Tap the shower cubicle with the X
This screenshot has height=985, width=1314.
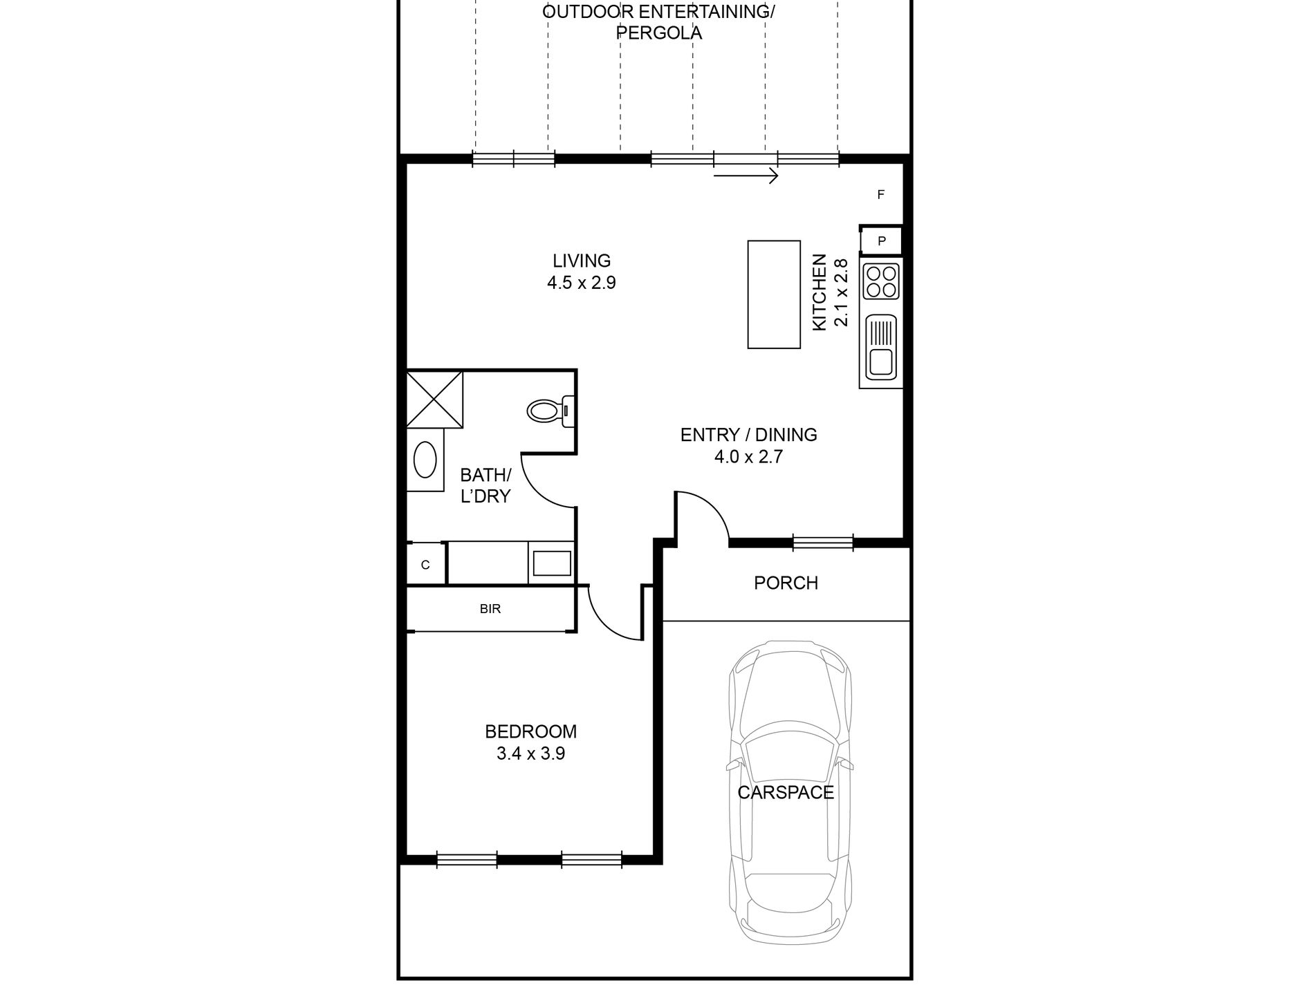pyautogui.click(x=434, y=400)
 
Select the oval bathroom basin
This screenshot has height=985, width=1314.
pyautogui.click(x=425, y=460)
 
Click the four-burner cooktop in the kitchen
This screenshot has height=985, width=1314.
pyautogui.click(x=881, y=281)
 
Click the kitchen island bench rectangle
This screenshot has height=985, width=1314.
pyautogui.click(x=774, y=294)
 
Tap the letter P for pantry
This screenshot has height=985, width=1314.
pyautogui.click(x=882, y=241)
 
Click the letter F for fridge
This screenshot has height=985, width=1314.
pyautogui.click(x=881, y=195)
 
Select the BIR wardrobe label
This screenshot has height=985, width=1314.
pyautogui.click(x=490, y=609)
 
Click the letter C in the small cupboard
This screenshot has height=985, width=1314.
pyautogui.click(x=425, y=565)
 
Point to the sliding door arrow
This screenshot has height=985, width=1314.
pyautogui.click(x=746, y=176)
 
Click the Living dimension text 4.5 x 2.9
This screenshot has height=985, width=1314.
pyautogui.click(x=581, y=283)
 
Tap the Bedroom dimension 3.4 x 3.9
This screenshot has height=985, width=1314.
pyautogui.click(x=530, y=753)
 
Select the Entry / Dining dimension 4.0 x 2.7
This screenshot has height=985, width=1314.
pyautogui.click(x=748, y=457)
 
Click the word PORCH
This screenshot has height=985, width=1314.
pyautogui.click(x=786, y=583)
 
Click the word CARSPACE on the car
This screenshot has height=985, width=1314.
pyautogui.click(x=786, y=792)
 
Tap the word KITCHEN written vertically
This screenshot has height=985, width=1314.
pyautogui.click(x=820, y=292)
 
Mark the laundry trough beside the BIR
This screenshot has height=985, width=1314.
pyautogui.click(x=552, y=563)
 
